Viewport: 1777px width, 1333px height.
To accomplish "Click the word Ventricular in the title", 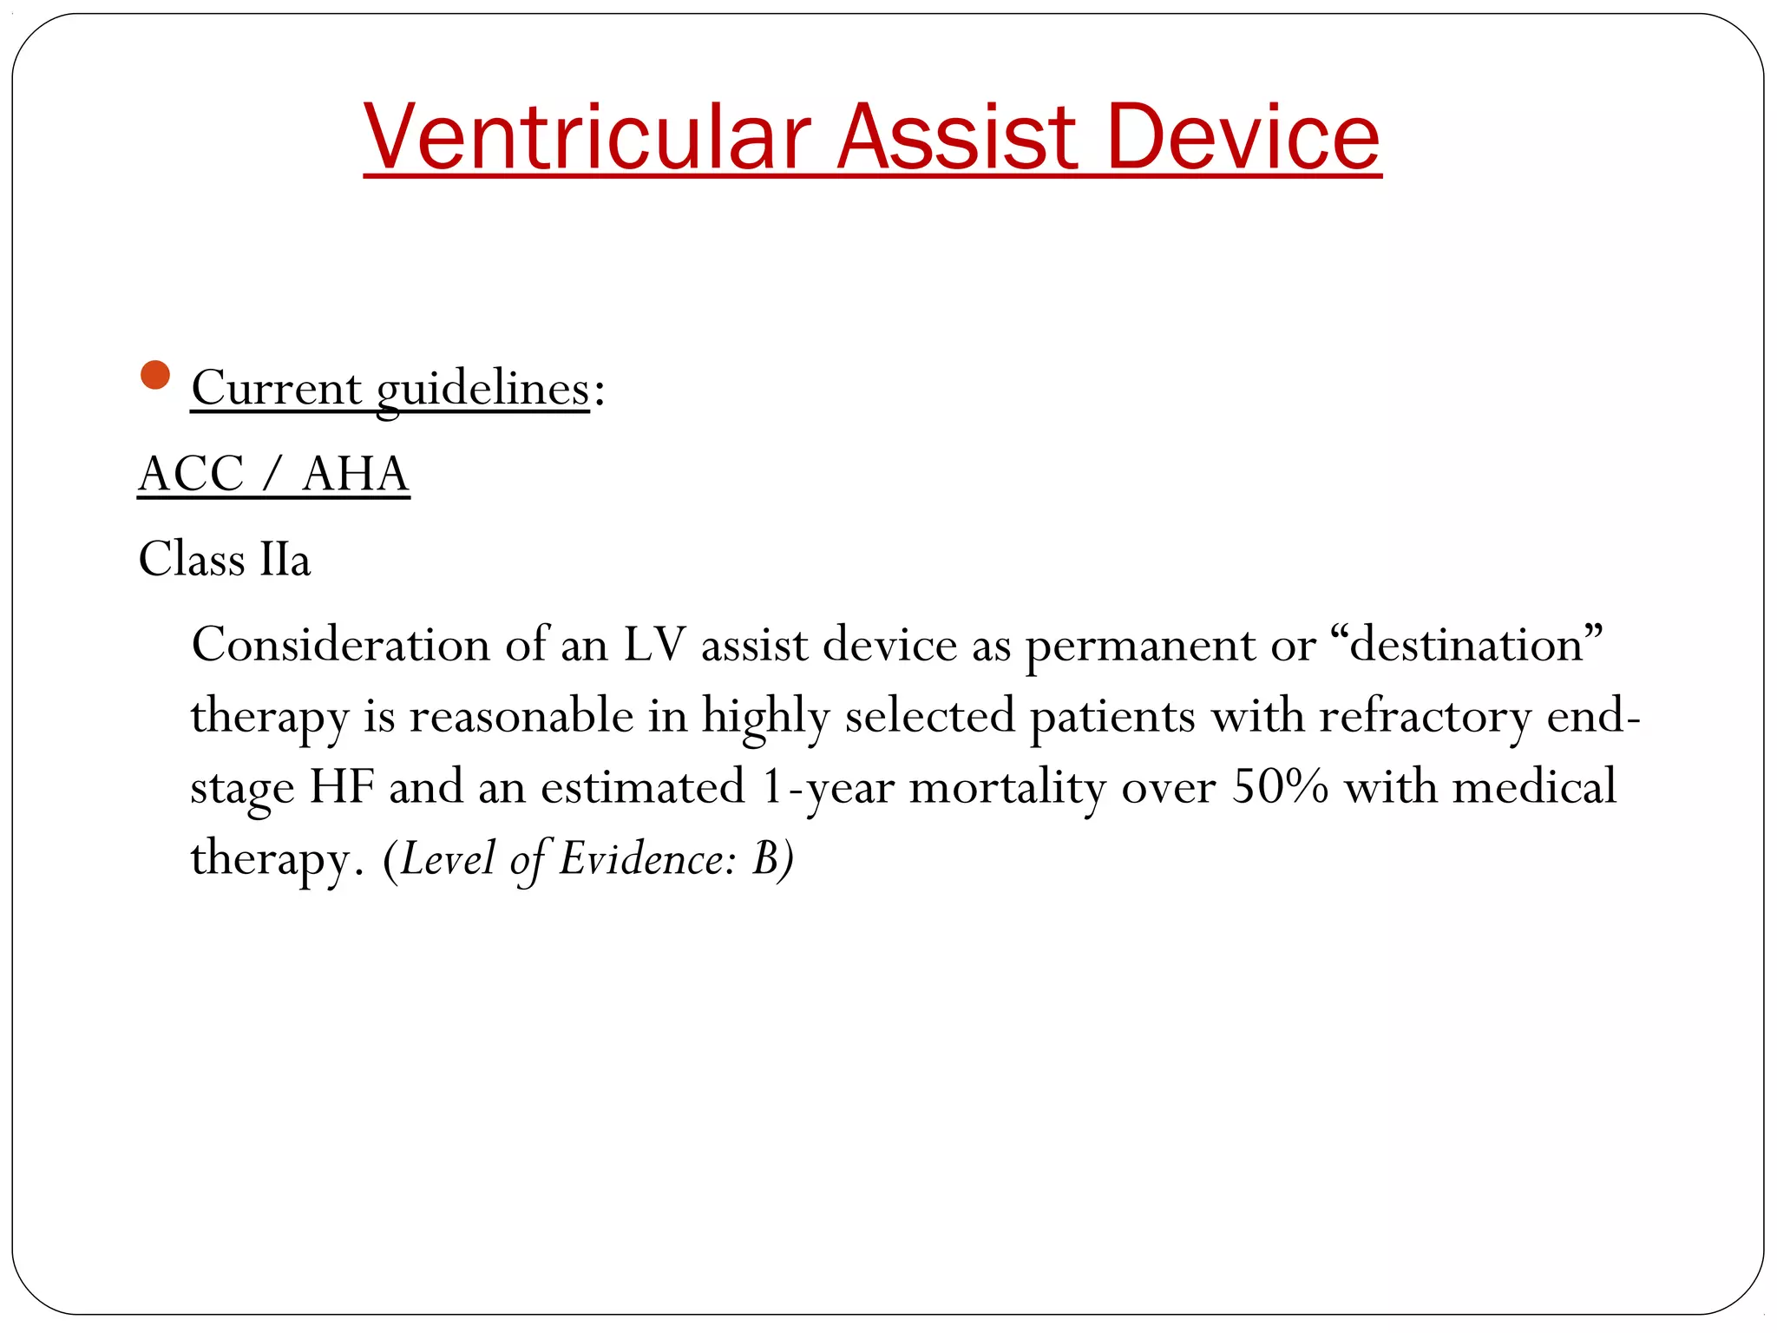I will tap(587, 137).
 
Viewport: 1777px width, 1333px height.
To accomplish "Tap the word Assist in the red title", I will tap(958, 137).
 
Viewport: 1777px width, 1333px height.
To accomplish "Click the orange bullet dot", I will tap(154, 375).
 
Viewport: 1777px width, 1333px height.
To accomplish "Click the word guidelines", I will tap(482, 389).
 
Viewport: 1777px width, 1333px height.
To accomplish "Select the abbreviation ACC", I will tap(191, 474).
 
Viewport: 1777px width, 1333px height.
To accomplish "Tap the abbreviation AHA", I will tap(355, 474).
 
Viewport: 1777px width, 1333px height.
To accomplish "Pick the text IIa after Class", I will tap(285, 559).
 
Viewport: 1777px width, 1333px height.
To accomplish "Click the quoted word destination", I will tap(1466, 645).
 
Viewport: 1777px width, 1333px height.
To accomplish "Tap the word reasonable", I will tap(521, 717).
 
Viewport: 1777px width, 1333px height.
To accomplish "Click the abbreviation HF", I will tap(342, 787).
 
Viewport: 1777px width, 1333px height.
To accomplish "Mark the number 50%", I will tap(1280, 787).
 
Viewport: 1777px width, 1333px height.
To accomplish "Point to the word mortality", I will tap(1007, 789).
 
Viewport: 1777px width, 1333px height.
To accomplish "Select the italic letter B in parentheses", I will tap(765, 859).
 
